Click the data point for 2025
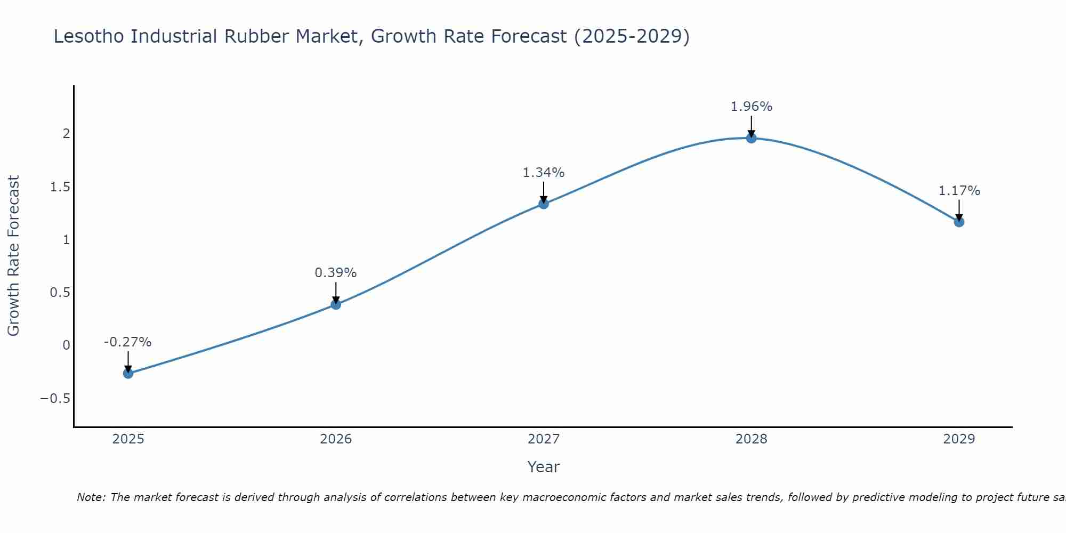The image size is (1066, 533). click(128, 373)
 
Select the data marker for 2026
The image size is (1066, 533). click(336, 304)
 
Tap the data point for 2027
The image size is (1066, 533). click(544, 204)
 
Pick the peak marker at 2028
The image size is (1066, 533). click(752, 138)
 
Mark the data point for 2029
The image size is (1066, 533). click(959, 222)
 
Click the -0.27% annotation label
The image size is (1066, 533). click(127, 342)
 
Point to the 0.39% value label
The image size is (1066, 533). click(335, 273)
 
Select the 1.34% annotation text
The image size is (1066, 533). click(543, 173)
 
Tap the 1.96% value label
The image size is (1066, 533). click(751, 107)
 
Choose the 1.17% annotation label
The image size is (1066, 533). click(959, 191)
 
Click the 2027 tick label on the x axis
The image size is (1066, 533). click(544, 439)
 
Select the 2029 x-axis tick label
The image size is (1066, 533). click(959, 439)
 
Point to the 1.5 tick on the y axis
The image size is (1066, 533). click(60, 187)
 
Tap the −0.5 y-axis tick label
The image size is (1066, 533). click(55, 399)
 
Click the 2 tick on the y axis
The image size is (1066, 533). click(67, 134)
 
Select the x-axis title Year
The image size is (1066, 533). click(543, 467)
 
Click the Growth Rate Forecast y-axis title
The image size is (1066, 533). click(13, 256)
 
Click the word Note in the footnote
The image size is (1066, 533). click(91, 498)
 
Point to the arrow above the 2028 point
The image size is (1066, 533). click(752, 126)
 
